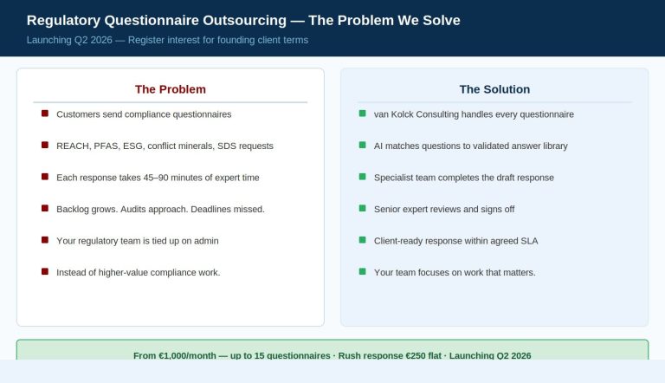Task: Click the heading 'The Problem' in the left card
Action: click(171, 89)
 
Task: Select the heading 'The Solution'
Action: click(494, 89)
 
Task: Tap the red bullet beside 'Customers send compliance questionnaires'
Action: click(45, 114)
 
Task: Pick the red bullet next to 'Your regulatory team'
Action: click(45, 240)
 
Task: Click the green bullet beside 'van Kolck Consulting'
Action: click(362, 114)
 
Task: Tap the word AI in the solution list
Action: click(378, 146)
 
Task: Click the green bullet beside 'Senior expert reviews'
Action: click(362, 208)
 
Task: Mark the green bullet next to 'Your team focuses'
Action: click(362, 271)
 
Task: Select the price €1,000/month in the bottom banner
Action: click(187, 355)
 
